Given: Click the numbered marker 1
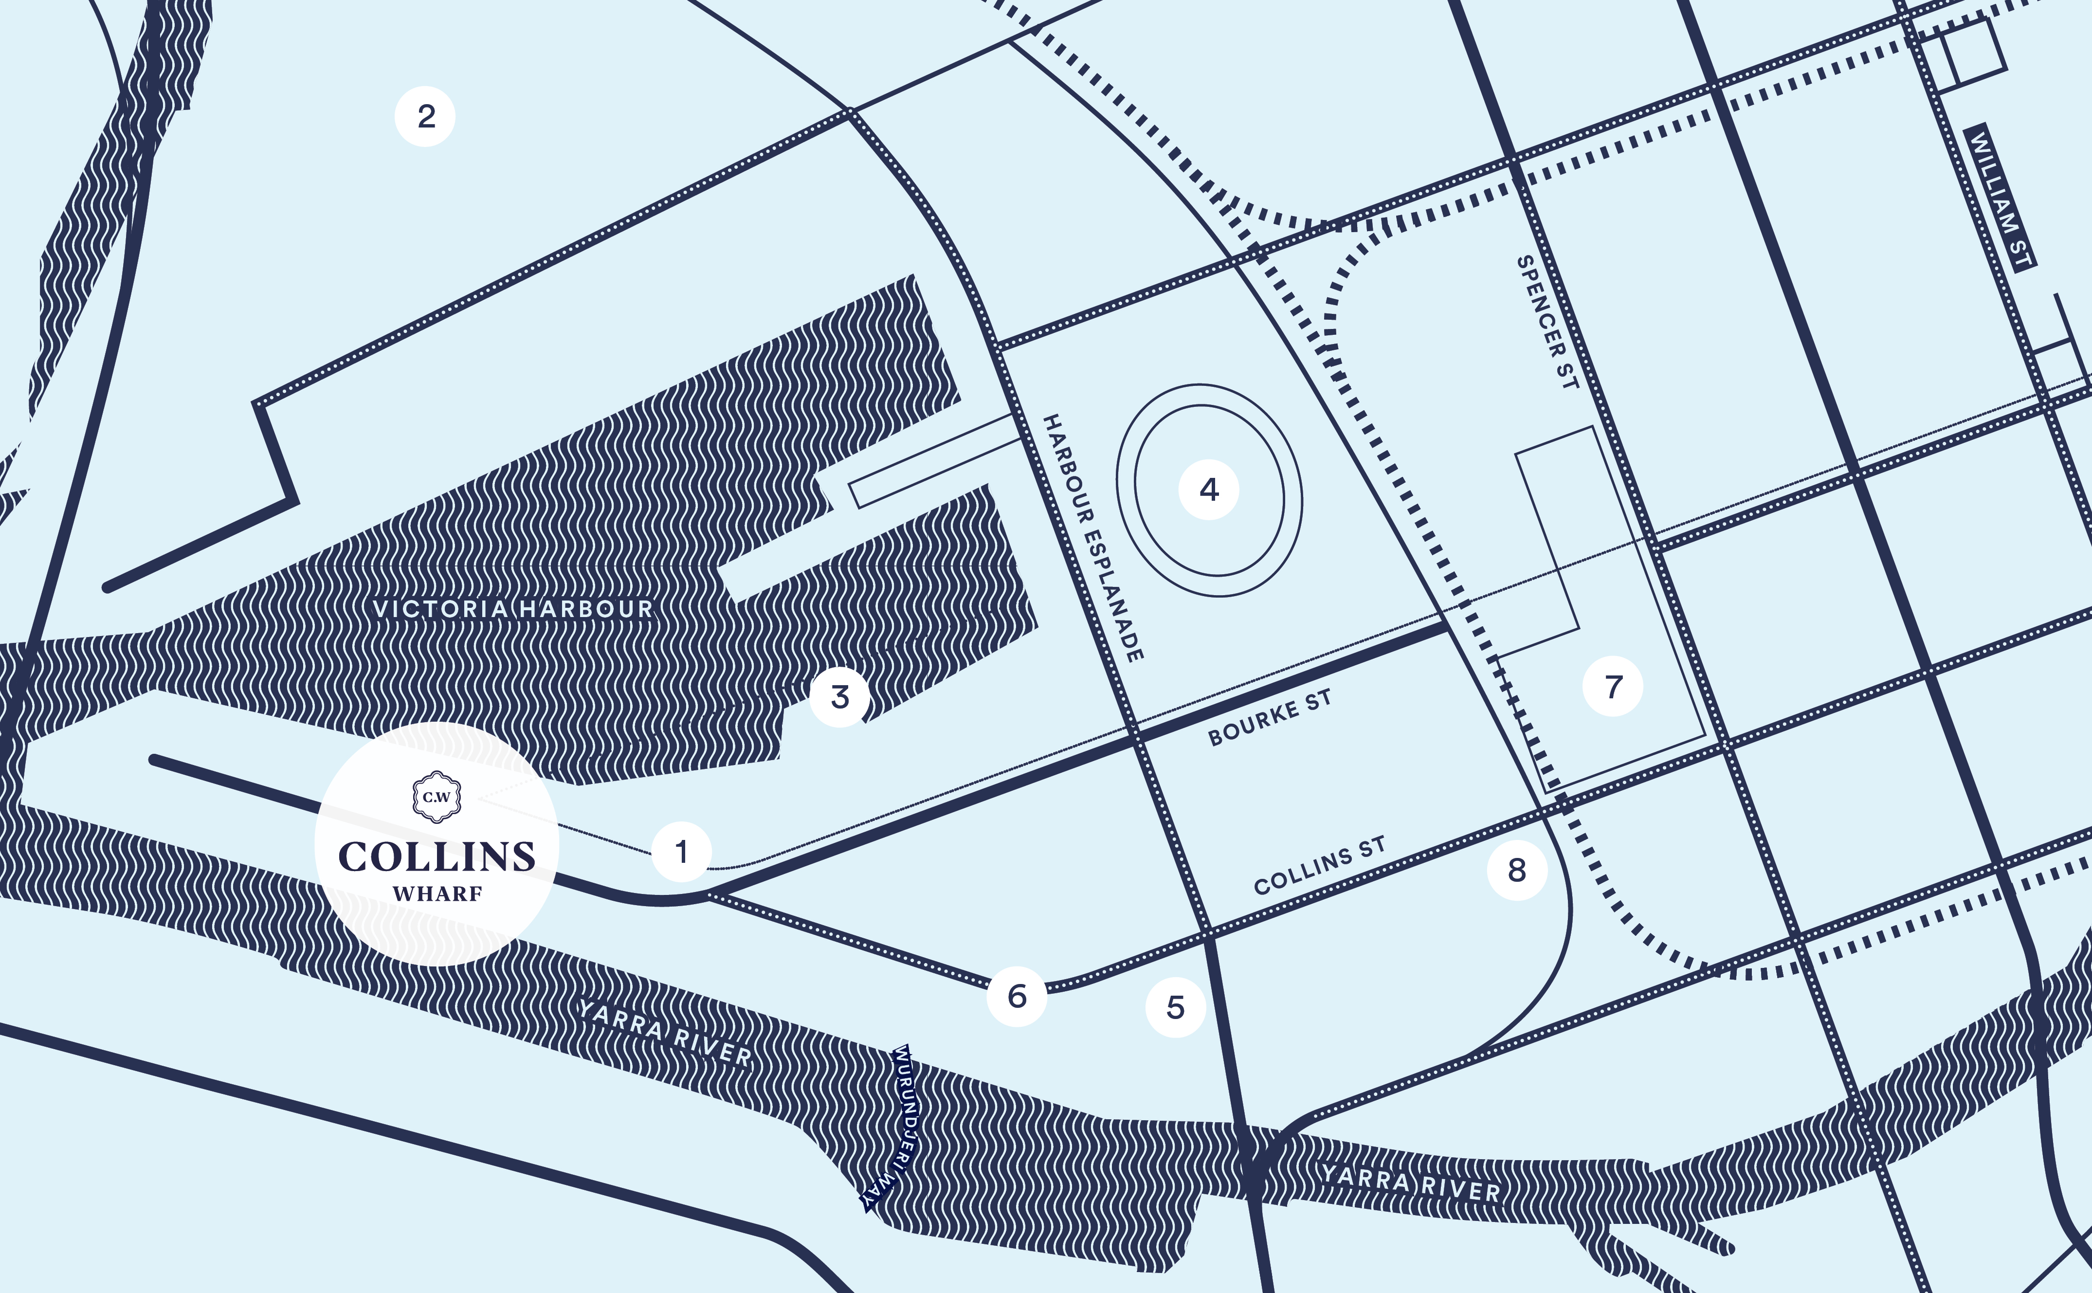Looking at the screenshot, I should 681,852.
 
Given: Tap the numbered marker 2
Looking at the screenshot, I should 425,116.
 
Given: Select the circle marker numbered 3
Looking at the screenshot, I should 840,697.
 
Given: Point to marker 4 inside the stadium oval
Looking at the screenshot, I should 1209,489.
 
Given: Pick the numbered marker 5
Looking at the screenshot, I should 1176,1007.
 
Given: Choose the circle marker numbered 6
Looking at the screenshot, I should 1017,995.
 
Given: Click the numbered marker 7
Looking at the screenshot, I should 1612,686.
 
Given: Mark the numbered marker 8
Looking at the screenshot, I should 1517,870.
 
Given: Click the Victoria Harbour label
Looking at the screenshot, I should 513,609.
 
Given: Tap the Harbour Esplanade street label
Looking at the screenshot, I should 1092,538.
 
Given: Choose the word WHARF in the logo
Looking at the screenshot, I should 438,893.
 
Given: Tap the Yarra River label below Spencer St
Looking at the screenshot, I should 1411,1183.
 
